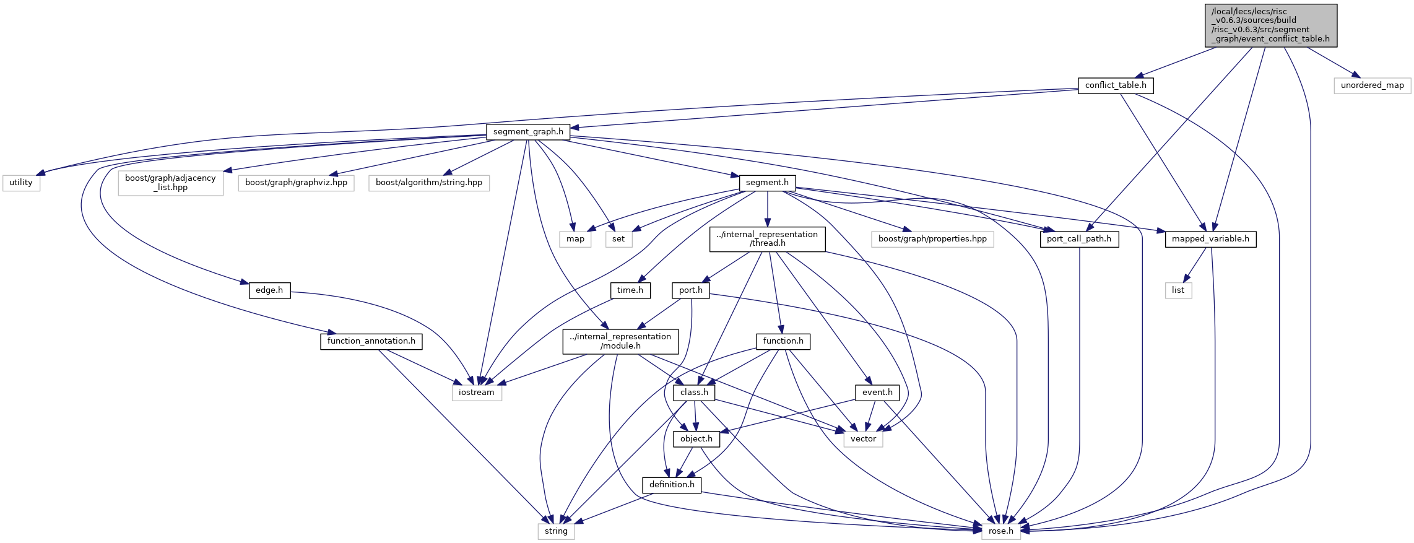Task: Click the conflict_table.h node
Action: click(1116, 85)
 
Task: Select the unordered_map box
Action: click(1373, 85)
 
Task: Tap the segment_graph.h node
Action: click(528, 132)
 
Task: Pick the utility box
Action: click(21, 183)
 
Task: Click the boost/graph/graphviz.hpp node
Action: click(296, 183)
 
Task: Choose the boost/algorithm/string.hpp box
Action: click(429, 183)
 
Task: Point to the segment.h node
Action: click(767, 183)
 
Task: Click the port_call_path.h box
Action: click(1079, 239)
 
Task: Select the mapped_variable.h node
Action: click(1210, 239)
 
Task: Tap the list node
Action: click(1178, 290)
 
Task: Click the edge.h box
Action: click(269, 290)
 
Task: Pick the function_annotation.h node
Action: click(371, 341)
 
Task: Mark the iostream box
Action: click(477, 393)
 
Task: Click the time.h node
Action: click(630, 290)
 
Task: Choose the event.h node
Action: click(877, 393)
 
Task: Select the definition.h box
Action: click(672, 485)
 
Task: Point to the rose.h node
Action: click(1001, 531)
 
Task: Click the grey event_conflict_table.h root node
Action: click(1271, 25)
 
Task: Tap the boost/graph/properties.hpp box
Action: click(932, 239)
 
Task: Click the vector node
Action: click(863, 439)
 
